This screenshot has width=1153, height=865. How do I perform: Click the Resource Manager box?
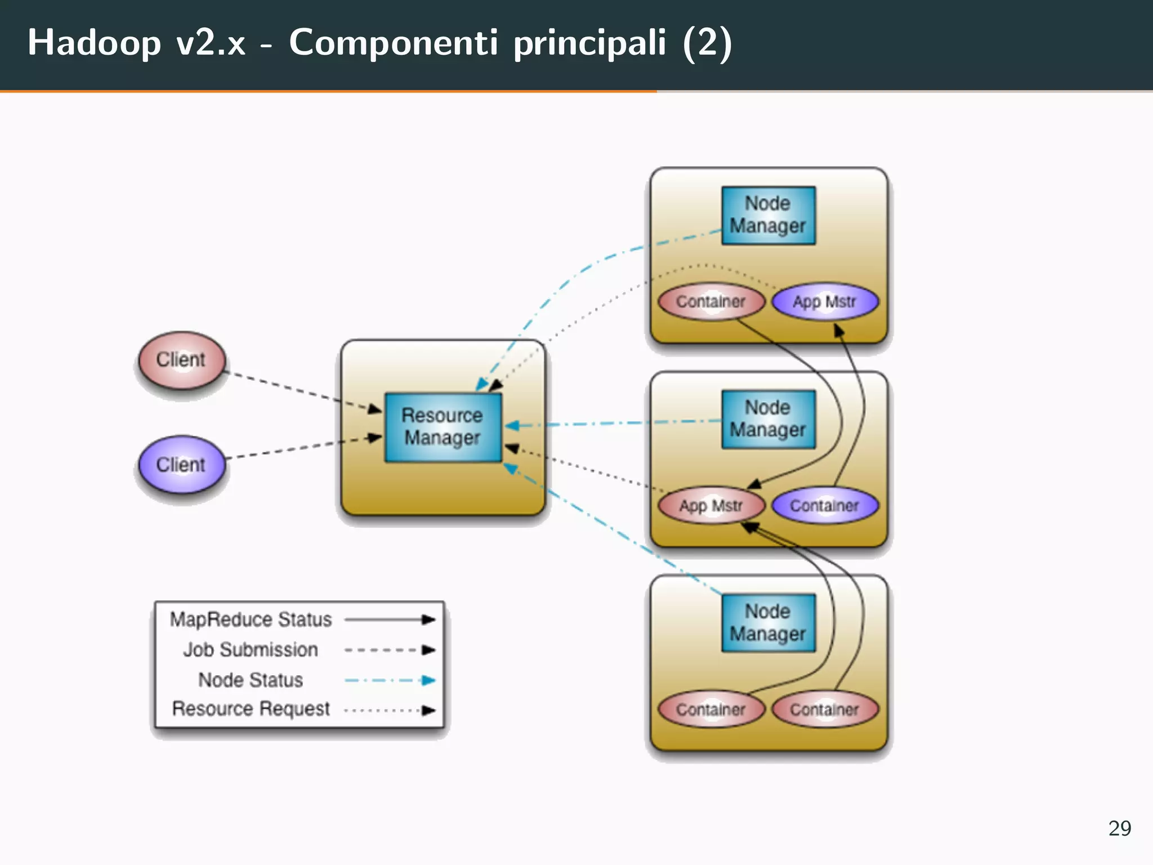coord(443,427)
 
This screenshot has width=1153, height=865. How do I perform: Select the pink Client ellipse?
coord(181,359)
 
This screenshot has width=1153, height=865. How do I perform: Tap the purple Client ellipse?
coord(181,465)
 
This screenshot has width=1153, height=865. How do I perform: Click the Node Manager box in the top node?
coord(768,215)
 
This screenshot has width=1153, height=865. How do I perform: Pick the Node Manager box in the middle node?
coord(768,419)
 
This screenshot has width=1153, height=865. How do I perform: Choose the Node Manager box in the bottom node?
coord(768,623)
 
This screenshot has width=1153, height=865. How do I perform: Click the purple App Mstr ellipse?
coord(825,302)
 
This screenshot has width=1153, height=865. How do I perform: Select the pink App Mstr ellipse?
coord(711,506)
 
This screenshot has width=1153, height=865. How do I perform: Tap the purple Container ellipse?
coord(825,506)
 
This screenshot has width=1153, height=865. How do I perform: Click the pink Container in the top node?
coord(711,302)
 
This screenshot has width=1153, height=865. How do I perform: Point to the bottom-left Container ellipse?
coord(711,710)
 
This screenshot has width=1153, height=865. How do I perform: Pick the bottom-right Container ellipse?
coord(825,710)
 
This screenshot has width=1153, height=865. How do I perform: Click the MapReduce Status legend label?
coord(251,619)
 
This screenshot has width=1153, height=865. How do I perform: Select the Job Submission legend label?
coord(251,650)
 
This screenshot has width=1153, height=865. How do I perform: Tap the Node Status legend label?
coord(251,680)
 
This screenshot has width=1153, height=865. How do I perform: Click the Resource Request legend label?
coord(251,708)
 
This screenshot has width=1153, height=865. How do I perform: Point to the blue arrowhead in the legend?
coord(429,680)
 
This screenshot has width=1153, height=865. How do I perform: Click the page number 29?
coord(1119,828)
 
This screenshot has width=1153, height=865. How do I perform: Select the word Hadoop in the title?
coord(94,43)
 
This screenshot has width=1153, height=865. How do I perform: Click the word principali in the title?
coord(589,43)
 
